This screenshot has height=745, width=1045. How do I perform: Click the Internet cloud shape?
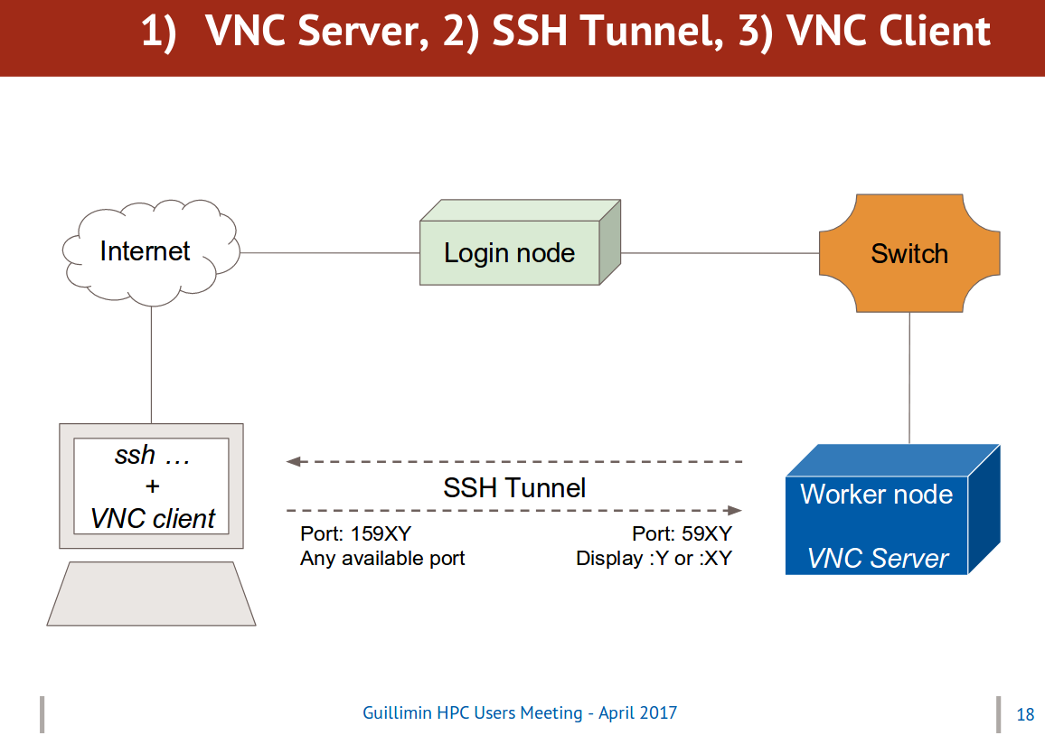[x=151, y=252]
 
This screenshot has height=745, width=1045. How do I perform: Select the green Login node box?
[x=520, y=242]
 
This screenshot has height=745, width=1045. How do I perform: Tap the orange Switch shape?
[x=909, y=253]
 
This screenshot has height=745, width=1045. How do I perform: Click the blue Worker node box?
[x=893, y=510]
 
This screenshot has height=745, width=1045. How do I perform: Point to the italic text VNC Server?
[x=878, y=559]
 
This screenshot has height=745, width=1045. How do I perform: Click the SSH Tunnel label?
[x=514, y=488]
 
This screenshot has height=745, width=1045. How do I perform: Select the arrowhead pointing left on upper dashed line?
[x=293, y=461]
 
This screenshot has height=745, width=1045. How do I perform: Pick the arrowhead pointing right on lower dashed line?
[x=734, y=511]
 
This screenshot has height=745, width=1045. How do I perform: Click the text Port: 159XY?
[x=356, y=533]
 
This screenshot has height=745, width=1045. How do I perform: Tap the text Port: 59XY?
[x=682, y=533]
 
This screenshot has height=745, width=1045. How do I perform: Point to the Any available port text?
[x=382, y=559]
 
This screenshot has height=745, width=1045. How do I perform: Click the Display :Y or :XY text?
[x=654, y=559]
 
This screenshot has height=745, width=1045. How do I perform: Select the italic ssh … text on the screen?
[x=153, y=455]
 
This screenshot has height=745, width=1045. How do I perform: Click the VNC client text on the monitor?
[x=153, y=518]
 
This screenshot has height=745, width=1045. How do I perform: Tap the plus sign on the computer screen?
[x=153, y=486]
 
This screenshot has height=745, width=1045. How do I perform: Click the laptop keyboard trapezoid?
[x=151, y=593]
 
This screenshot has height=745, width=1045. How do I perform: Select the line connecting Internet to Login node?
[x=330, y=252]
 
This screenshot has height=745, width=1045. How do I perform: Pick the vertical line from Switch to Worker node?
[x=909, y=378]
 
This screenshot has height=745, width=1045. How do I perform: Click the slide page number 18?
[x=1025, y=714]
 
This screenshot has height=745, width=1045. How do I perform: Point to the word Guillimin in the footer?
[x=397, y=713]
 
